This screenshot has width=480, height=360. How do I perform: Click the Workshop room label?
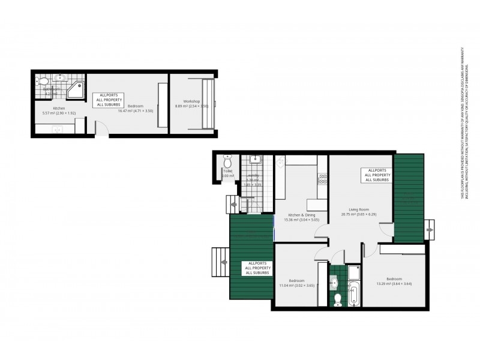click(x=191, y=101)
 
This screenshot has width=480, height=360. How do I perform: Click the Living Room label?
click(x=358, y=209)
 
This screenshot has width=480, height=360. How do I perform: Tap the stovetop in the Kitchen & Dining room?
click(x=322, y=178)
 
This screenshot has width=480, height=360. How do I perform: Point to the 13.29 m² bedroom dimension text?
click(x=394, y=283)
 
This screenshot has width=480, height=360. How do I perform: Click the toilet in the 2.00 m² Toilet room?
click(x=227, y=162)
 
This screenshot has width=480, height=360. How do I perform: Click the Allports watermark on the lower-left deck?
click(x=257, y=268)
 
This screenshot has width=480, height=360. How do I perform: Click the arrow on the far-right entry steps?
click(x=430, y=229)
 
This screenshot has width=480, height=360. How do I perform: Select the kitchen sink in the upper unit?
click(x=58, y=128)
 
